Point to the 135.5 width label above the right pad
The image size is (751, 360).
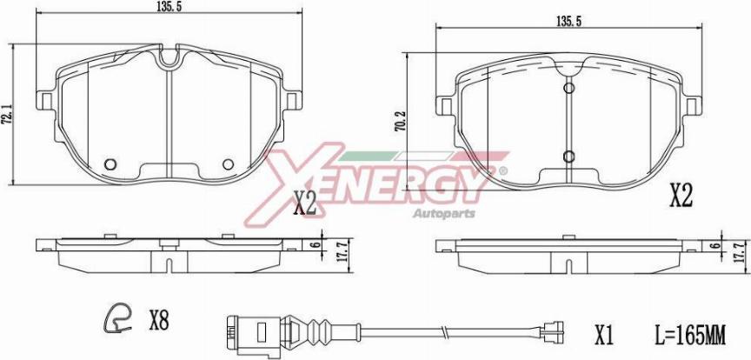tap(568, 22)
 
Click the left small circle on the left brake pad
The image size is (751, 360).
tap(110, 164)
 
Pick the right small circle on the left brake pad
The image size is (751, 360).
tap(228, 164)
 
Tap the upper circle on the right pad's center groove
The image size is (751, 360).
tap(569, 88)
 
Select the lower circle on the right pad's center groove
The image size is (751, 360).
tap(569, 157)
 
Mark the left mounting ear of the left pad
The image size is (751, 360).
tap(45, 100)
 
